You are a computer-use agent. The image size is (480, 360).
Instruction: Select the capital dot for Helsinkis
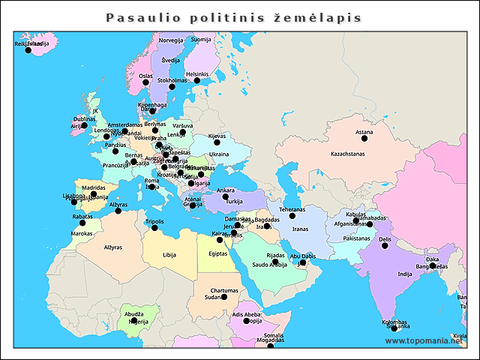[x=197, y=80]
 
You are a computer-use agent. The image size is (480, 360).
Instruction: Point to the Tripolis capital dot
[x=154, y=228]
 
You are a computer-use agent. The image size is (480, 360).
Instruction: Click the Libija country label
[x=169, y=255]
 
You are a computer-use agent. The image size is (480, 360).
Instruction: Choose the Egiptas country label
[x=218, y=253]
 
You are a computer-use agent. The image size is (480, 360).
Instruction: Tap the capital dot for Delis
[x=385, y=245]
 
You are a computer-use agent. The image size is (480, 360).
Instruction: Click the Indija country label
[x=405, y=274]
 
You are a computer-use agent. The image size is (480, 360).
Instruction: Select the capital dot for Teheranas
[x=292, y=216]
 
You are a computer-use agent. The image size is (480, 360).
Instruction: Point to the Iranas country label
[x=300, y=229]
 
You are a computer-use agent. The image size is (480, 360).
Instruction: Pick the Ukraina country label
[x=219, y=154]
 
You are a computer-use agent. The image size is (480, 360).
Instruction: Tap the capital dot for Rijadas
[x=275, y=262]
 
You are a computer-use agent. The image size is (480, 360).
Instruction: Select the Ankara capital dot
[x=225, y=196]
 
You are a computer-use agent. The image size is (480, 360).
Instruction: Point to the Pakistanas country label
[x=357, y=238]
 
